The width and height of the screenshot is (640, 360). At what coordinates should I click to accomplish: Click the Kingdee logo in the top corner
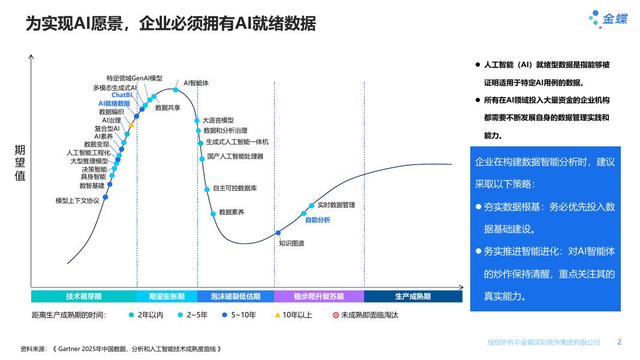608,19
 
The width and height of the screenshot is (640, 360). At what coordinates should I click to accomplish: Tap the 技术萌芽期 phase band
83,296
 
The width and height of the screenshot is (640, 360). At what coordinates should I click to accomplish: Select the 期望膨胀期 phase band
167,296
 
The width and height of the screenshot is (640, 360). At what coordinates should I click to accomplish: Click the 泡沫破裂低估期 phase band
236,296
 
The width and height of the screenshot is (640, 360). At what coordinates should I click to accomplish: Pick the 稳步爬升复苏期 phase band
319,296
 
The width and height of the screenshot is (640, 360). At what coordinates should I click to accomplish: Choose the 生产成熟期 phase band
413,296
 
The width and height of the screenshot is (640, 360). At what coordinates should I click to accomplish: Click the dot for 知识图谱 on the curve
278,233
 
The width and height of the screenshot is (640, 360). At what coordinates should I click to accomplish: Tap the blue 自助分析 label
317,220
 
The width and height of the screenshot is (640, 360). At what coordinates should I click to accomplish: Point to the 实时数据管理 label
336,205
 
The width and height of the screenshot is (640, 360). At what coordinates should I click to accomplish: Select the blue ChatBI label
122,95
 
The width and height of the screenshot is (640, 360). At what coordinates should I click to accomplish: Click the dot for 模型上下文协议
106,197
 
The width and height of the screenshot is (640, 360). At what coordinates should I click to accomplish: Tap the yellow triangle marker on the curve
131,125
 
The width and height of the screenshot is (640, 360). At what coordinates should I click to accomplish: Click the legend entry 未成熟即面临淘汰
365,314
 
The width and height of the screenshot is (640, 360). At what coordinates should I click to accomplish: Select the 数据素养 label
232,212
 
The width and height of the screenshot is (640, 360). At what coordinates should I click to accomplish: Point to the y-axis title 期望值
20,163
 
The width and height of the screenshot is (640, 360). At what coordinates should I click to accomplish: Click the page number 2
620,342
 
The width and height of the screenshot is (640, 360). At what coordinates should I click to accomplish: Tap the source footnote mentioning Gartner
121,349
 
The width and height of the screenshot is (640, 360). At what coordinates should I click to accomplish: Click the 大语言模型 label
218,121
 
